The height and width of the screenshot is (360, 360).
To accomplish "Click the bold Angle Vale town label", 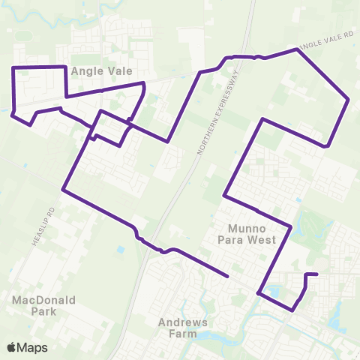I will pyautogui.click(x=102, y=71).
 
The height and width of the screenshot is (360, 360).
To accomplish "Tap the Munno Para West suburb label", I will pyautogui.click(x=253, y=233).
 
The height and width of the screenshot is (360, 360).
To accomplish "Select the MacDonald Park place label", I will pyautogui.click(x=43, y=305).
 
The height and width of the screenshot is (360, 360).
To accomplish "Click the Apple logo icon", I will pyautogui.click(x=12, y=347).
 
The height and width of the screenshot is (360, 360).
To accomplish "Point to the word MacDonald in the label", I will pyautogui.click(x=43, y=300).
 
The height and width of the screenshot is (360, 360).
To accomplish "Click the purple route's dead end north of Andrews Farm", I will pyautogui.click(x=226, y=276).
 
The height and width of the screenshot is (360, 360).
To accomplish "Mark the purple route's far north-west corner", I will pyautogui.click(x=13, y=68).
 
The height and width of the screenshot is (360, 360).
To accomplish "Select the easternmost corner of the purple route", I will pyautogui.click(x=349, y=99).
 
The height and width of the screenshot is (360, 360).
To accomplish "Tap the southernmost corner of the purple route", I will pyautogui.click(x=292, y=310).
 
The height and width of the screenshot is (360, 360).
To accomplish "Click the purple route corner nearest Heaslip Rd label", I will pyautogui.click(x=64, y=190).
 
